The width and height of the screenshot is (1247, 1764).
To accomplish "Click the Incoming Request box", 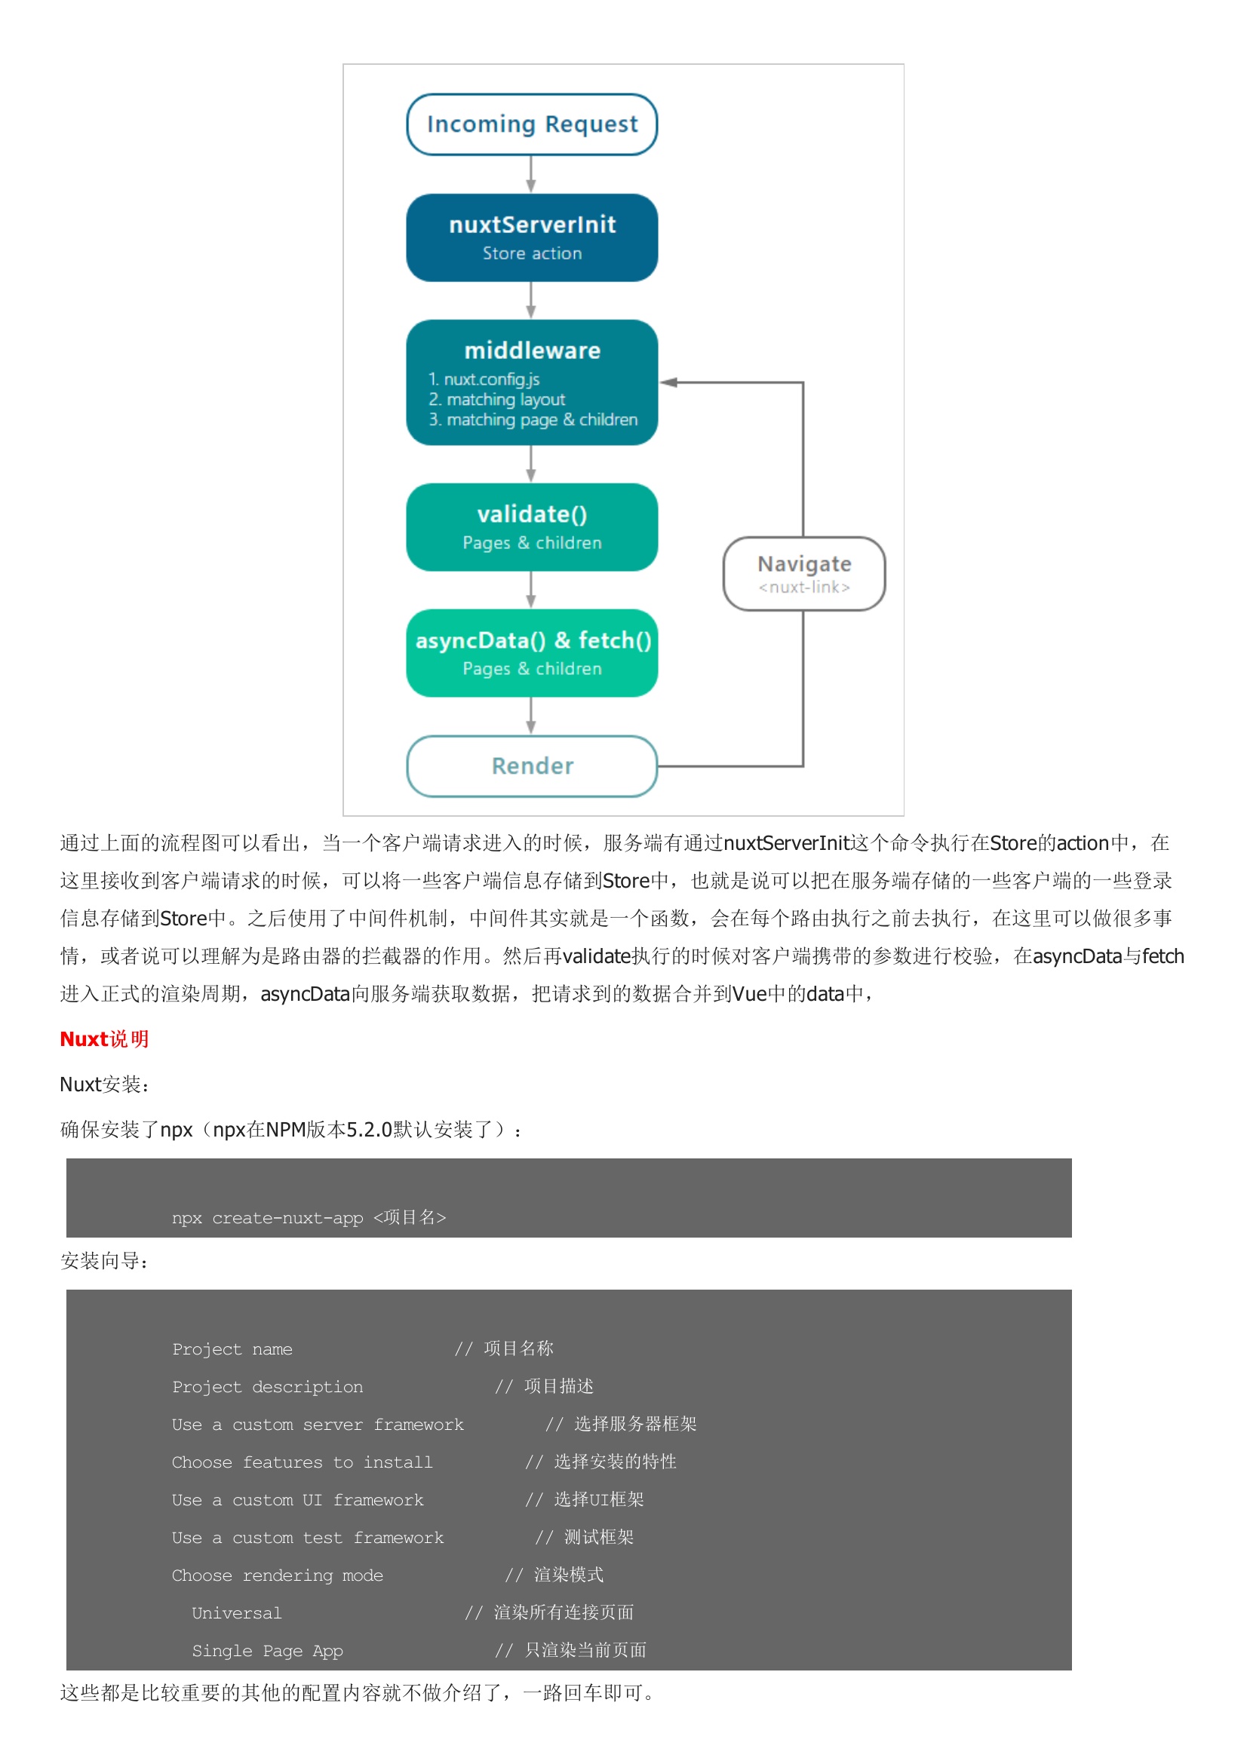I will point(532,124).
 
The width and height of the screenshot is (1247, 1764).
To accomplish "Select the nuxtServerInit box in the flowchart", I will point(532,238).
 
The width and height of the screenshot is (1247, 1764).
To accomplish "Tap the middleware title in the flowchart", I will point(532,351).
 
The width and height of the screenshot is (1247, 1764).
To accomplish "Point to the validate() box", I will point(532,527).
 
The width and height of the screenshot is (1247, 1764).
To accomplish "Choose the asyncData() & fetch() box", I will point(532,653).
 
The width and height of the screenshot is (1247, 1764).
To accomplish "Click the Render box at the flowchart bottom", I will point(532,766).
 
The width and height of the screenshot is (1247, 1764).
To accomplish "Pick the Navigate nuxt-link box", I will point(803,574).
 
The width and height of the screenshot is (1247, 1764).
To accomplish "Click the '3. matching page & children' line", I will point(533,419).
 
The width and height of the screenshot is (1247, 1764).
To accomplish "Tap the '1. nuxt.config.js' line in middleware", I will point(484,379).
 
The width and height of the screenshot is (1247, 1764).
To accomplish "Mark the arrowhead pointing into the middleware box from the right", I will point(668,382).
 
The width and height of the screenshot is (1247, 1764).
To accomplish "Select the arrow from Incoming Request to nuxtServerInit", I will point(531,174).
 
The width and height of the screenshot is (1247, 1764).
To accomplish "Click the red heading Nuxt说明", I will point(103,1038).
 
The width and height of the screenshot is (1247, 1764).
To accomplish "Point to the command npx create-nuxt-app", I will point(308,1217).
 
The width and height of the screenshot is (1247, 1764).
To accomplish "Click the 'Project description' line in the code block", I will point(267,1387).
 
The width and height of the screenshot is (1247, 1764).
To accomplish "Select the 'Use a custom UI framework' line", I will point(297,1500).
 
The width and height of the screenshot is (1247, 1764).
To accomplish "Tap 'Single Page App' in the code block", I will point(266,1650).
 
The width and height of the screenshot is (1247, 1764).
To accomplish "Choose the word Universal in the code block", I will point(237,1612).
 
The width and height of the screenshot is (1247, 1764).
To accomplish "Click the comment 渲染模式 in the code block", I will point(569,1575).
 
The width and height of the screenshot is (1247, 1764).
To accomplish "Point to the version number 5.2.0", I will point(369,1130).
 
